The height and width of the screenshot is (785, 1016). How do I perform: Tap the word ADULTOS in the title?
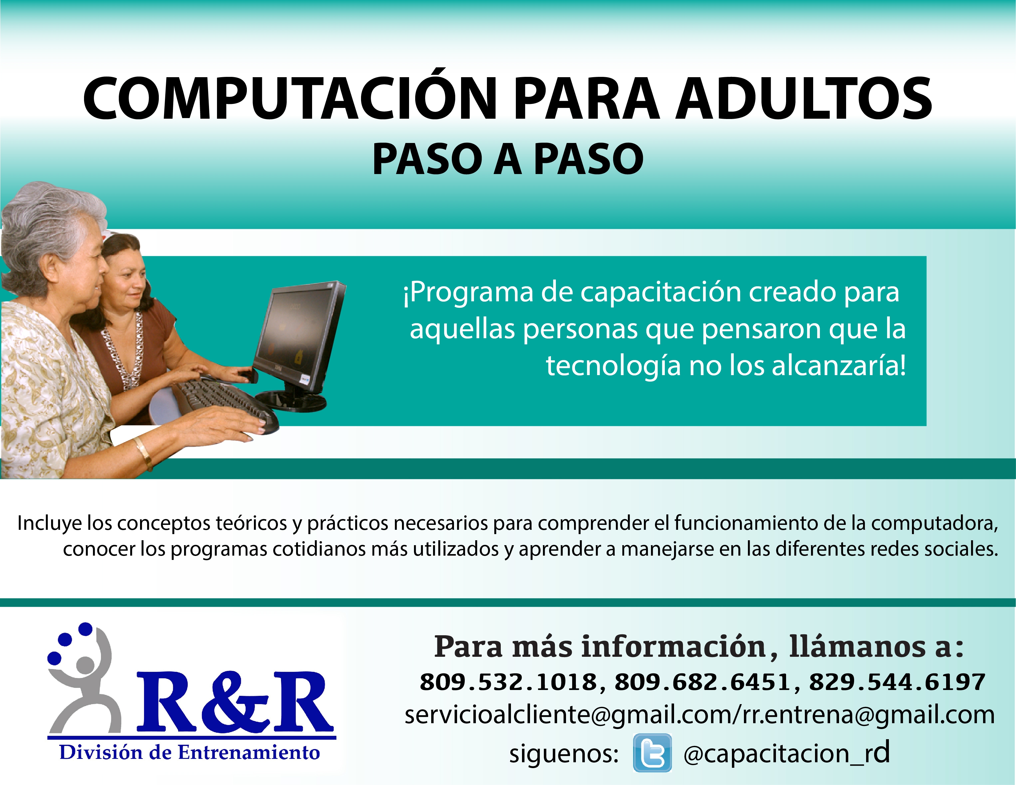tap(804, 98)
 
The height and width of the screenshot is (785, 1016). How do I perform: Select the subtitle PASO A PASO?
tap(508, 159)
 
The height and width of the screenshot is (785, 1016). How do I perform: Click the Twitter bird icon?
tap(652, 753)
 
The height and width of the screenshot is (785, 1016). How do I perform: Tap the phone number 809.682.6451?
tap(702, 682)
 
